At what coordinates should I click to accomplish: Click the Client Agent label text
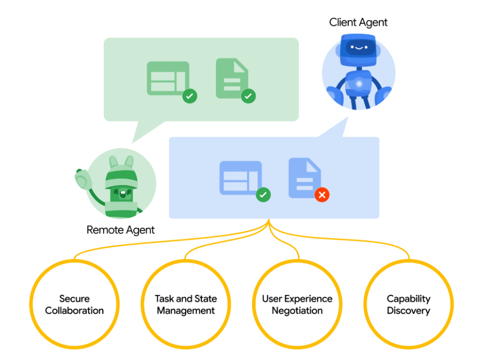(x=358, y=22)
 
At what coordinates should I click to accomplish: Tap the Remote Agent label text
(x=120, y=230)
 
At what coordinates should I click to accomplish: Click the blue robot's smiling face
(x=358, y=47)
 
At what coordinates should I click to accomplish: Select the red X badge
(x=322, y=195)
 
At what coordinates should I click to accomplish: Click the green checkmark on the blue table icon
(x=263, y=195)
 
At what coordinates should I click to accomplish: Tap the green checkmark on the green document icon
(x=248, y=96)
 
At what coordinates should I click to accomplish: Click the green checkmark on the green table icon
(x=190, y=96)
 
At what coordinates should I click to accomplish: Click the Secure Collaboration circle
(x=74, y=304)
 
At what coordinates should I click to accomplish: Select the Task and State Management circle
(x=186, y=304)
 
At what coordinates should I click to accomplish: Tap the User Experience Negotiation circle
(x=297, y=304)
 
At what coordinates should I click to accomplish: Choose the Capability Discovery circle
(x=408, y=304)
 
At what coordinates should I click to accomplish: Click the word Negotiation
(x=297, y=311)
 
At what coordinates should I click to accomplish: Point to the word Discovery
(x=408, y=311)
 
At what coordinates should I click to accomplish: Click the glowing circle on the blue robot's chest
(x=359, y=83)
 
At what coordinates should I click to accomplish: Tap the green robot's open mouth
(x=122, y=194)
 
